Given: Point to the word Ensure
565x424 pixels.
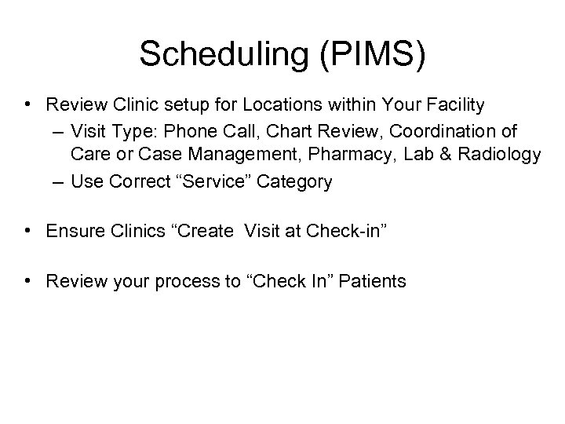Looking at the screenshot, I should (72, 231).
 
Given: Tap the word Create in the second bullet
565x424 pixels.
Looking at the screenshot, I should (206, 231).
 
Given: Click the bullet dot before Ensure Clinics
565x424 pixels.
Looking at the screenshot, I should (28, 231).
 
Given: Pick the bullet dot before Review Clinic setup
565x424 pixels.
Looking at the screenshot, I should (28, 104).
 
